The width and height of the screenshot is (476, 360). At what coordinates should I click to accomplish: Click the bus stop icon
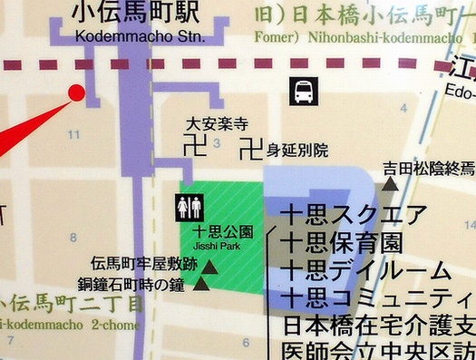[x=303, y=91]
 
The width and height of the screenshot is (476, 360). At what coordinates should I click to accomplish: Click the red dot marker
[x=76, y=92]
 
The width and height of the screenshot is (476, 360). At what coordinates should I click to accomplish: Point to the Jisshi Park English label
[x=217, y=245]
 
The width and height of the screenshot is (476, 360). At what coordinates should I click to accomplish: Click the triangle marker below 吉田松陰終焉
[x=390, y=184]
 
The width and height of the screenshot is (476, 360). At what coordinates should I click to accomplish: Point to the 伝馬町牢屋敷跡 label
[x=143, y=265]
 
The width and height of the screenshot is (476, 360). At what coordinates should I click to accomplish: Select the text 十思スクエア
[x=354, y=217]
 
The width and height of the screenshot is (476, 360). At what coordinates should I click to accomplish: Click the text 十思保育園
[x=341, y=244]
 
